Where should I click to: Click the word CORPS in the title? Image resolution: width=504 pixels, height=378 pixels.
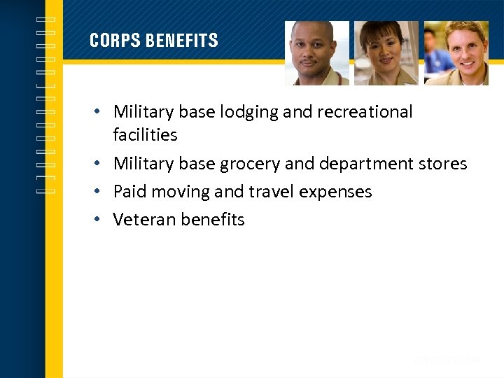[x=114, y=41]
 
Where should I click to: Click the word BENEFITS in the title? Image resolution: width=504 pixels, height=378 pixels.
[x=181, y=41]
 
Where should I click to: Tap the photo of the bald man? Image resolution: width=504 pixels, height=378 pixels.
[x=316, y=53]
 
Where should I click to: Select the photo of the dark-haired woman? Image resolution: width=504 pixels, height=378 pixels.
[x=386, y=53]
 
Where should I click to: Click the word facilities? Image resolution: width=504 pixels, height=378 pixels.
[x=145, y=134]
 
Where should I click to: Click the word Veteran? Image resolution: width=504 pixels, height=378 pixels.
[x=144, y=220]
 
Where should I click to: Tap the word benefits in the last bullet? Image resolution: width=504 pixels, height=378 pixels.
[x=212, y=220]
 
